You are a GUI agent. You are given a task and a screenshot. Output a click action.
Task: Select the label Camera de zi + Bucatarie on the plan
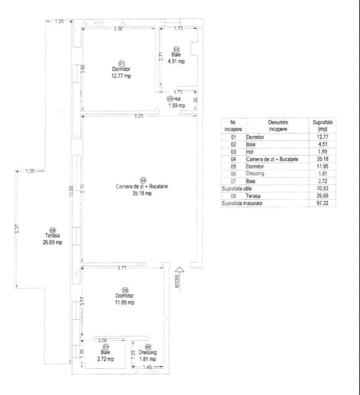click(x=141, y=187)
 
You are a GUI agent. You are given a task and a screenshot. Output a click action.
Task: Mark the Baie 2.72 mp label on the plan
click(x=106, y=355)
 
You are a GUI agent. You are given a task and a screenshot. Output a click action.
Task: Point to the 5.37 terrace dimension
click(x=17, y=229)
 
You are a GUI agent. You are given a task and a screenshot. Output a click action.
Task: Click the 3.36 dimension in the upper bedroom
click(x=117, y=29)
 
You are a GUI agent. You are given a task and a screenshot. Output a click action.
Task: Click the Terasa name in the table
click(x=254, y=195)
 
